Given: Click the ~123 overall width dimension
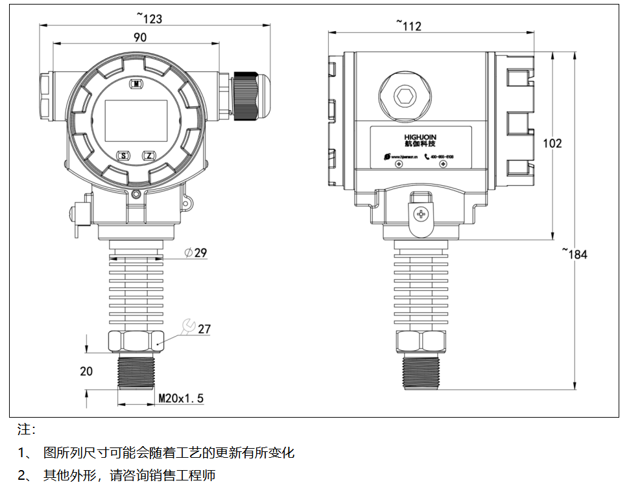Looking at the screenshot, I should click(x=149, y=19).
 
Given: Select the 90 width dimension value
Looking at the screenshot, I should click(x=140, y=38).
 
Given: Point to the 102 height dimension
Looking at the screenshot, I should click(x=552, y=144).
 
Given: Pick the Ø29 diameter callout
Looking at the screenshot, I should click(x=196, y=253).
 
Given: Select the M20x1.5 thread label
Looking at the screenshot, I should click(x=181, y=398).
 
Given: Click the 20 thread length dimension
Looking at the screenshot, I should click(x=86, y=371).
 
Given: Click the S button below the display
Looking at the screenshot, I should click(x=123, y=156).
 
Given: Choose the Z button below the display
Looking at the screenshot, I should click(x=149, y=156).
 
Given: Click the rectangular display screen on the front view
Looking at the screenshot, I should click(x=136, y=120).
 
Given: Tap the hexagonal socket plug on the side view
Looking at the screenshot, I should click(x=406, y=96).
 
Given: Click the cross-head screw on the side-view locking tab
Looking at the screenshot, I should click(x=422, y=214).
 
